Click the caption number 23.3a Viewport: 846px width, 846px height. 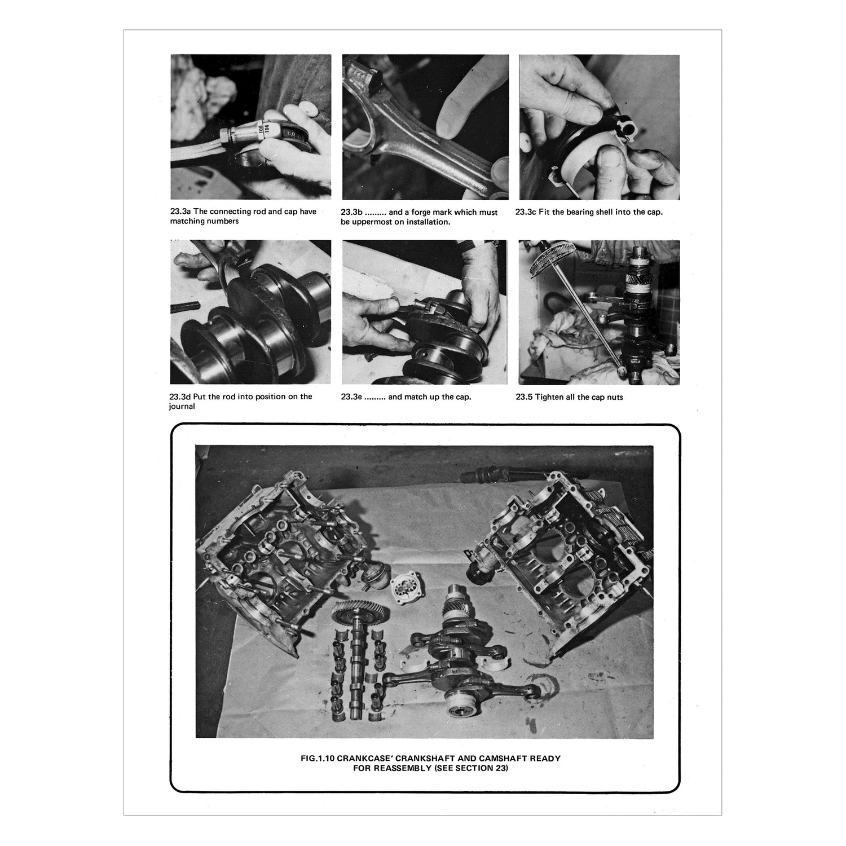[180, 211]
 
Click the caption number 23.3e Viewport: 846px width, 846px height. [352, 396]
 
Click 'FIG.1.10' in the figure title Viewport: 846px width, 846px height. [318, 758]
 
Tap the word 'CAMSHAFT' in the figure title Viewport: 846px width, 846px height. [504, 758]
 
